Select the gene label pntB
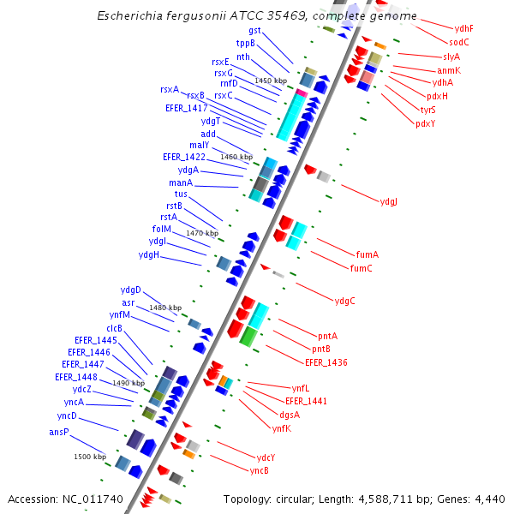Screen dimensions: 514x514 click(321, 349)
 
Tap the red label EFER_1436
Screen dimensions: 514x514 click(326, 362)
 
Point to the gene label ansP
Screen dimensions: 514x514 click(58, 432)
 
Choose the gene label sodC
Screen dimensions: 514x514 click(459, 42)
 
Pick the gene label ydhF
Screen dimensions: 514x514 click(464, 28)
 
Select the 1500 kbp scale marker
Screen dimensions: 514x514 click(89, 457)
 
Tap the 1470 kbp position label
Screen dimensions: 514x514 click(202, 233)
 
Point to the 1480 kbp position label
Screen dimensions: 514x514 click(165, 308)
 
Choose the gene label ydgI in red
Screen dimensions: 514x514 click(388, 202)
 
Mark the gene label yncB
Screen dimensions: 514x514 click(260, 470)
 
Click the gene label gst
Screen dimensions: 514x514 click(254, 30)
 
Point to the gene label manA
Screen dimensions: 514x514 click(180, 182)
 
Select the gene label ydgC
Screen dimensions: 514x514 click(344, 301)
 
